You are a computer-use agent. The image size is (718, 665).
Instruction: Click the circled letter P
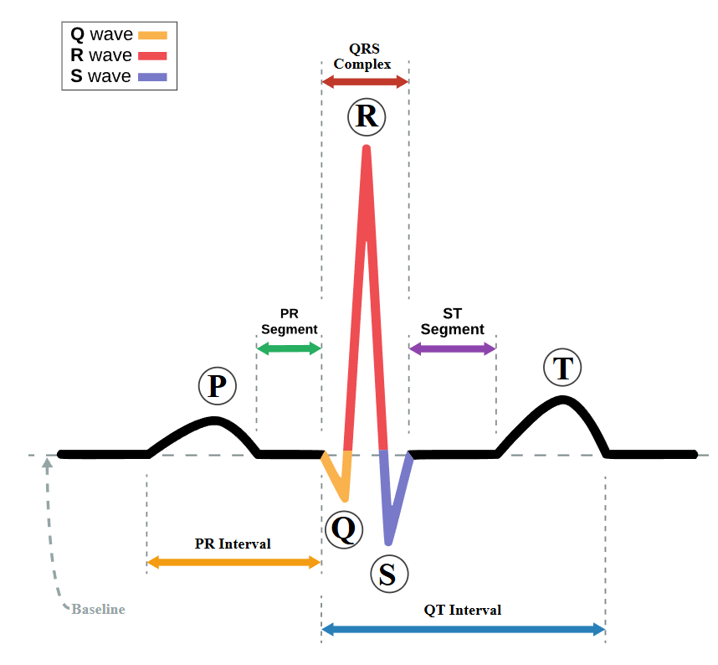click(x=217, y=385)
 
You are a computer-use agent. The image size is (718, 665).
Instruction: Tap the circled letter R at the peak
click(x=366, y=116)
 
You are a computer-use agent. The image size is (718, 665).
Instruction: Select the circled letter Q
click(x=342, y=528)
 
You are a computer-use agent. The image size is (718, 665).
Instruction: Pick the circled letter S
click(x=387, y=574)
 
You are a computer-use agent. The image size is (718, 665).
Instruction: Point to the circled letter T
click(x=562, y=367)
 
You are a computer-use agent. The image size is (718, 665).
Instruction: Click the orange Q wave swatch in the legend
click(x=153, y=35)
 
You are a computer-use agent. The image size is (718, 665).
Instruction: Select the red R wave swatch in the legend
click(x=153, y=56)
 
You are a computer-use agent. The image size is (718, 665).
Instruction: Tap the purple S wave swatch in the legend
click(x=153, y=77)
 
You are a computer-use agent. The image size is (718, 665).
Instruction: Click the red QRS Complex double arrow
click(x=365, y=82)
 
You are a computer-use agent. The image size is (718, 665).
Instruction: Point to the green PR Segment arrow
click(x=289, y=348)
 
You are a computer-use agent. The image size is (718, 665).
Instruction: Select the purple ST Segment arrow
click(x=453, y=348)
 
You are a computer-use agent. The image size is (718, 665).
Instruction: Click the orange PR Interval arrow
click(x=233, y=562)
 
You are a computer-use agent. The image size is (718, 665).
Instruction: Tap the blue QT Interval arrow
click(x=463, y=629)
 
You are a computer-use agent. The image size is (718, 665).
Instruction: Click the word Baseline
click(x=98, y=609)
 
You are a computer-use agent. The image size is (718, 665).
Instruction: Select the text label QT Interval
click(x=462, y=610)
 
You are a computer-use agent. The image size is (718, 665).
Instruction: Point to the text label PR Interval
click(x=233, y=544)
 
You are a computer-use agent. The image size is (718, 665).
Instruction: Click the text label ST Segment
click(x=453, y=322)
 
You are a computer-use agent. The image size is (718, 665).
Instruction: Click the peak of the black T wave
click(x=563, y=400)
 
